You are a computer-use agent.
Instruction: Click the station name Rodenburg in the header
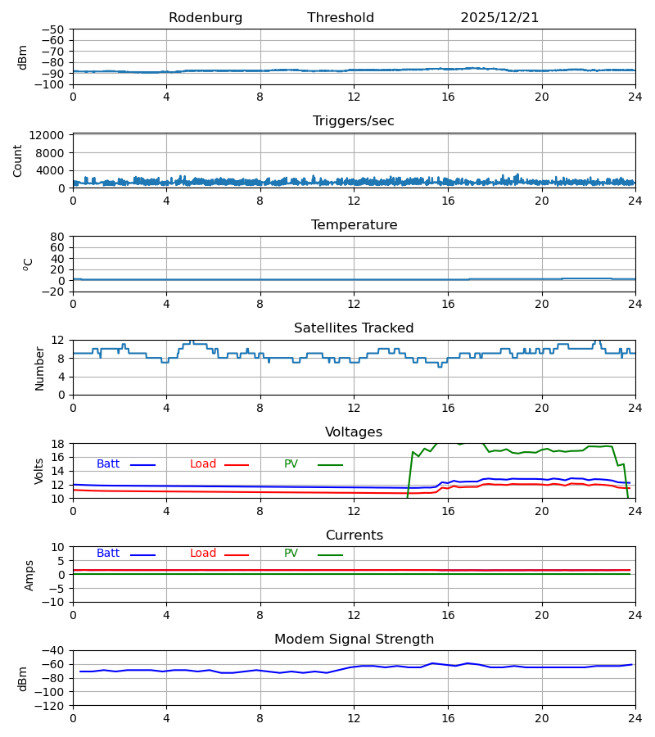pyautogui.click(x=206, y=18)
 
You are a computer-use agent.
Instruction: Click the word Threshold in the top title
pyautogui.click(x=341, y=18)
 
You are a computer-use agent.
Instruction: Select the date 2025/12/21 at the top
pyautogui.click(x=499, y=18)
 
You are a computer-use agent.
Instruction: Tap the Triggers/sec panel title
pyautogui.click(x=354, y=121)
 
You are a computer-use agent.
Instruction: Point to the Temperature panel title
pyautogui.click(x=354, y=225)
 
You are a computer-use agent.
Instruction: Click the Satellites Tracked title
pyautogui.click(x=354, y=328)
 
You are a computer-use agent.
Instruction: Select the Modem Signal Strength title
pyautogui.click(x=354, y=640)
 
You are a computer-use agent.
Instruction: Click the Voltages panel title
pyautogui.click(x=354, y=432)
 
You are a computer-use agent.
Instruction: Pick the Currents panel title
pyautogui.click(x=354, y=536)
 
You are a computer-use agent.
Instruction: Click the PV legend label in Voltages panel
pyautogui.click(x=291, y=464)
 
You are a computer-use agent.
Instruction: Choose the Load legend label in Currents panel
pyautogui.click(x=203, y=554)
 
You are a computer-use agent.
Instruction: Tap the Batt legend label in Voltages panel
pyautogui.click(x=108, y=464)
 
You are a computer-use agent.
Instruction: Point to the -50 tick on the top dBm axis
pyautogui.click(x=56, y=29)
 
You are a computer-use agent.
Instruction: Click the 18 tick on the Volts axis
pyautogui.click(x=59, y=444)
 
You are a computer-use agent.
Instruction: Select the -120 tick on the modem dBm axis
pyautogui.click(x=52, y=705)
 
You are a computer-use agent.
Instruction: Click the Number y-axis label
pyautogui.click(x=40, y=368)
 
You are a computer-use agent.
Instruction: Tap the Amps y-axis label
pyautogui.click(x=30, y=575)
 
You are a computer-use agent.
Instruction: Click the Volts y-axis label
pyautogui.click(x=40, y=471)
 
